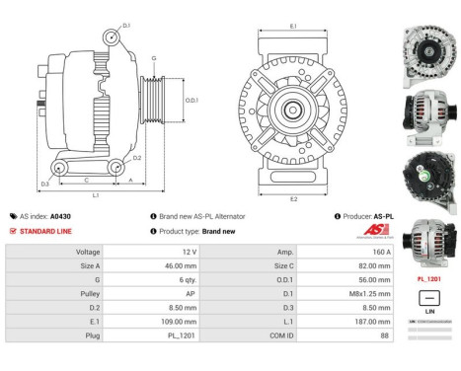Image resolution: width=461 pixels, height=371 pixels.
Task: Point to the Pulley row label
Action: coord(88,293)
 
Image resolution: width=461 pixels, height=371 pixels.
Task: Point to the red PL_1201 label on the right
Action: coord(426,279)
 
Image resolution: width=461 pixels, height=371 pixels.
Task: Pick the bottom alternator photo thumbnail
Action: coord(426,242)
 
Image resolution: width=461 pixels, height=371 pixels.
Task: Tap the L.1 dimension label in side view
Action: coord(95,197)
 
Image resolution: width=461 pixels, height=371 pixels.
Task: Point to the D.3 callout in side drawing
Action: coord(44,184)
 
